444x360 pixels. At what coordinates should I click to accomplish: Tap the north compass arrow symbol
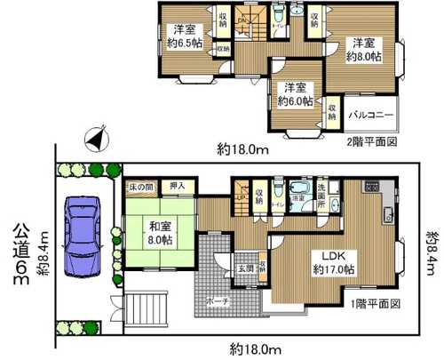click(96, 140)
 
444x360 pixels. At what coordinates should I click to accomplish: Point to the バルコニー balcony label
click(371, 115)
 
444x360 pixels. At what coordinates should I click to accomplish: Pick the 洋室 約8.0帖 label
click(365, 50)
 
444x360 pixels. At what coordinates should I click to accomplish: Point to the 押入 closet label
click(178, 187)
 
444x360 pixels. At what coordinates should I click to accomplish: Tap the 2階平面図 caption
click(372, 141)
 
